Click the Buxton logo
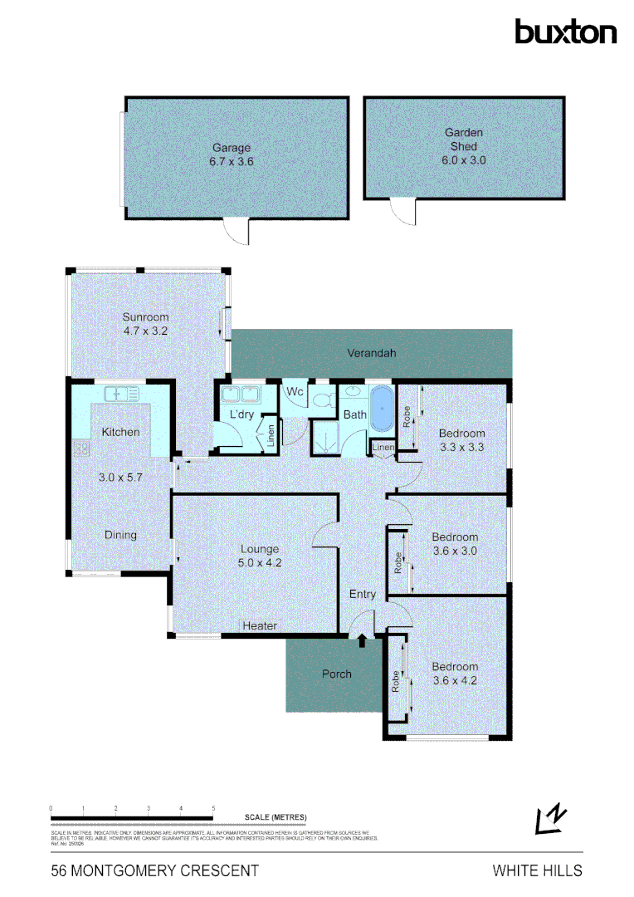[565, 32]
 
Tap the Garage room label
[231, 149]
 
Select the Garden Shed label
[463, 139]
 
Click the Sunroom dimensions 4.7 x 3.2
[146, 331]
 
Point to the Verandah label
[371, 353]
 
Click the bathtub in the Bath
[381, 408]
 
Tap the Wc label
[295, 391]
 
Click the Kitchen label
[120, 432]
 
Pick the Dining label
[120, 535]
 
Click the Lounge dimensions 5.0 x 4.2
[260, 562]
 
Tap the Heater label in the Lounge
[260, 625]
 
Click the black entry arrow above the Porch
[362, 640]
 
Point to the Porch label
[337, 674]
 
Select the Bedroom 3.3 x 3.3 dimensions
[461, 447]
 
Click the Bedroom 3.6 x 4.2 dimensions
[455, 680]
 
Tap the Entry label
[363, 594]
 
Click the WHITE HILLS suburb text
[537, 870]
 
